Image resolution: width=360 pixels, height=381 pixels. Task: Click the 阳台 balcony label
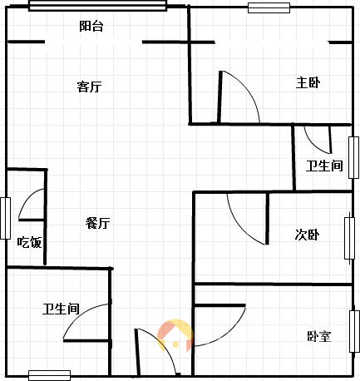pos(91,26)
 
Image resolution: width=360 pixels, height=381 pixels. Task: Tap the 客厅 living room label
pos(89,87)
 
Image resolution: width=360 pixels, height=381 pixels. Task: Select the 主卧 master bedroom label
pos(308,82)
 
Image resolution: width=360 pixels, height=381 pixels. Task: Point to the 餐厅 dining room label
pos(97,223)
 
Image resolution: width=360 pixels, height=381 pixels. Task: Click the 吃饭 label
pos(29,242)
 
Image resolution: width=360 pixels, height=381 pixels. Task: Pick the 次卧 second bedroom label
pos(307,235)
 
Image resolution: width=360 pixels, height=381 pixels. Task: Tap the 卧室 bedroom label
pos(319,336)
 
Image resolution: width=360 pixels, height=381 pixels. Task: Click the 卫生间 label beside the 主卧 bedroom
pos(324,166)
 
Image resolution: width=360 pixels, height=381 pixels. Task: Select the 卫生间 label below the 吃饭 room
pos(61,309)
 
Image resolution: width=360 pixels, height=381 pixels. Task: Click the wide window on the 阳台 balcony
pos(97,6)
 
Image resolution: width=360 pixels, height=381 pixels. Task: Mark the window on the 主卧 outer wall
pos(269,7)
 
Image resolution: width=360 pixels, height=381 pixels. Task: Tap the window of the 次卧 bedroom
pos(349,239)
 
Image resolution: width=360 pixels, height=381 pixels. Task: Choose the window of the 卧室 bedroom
pos(354,331)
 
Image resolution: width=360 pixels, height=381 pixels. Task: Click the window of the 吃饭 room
pos(5,218)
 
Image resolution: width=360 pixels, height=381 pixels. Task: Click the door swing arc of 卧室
pos(231,335)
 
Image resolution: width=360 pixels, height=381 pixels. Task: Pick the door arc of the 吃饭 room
pos(26,199)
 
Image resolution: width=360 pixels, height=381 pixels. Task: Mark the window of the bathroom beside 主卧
pos(353,157)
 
